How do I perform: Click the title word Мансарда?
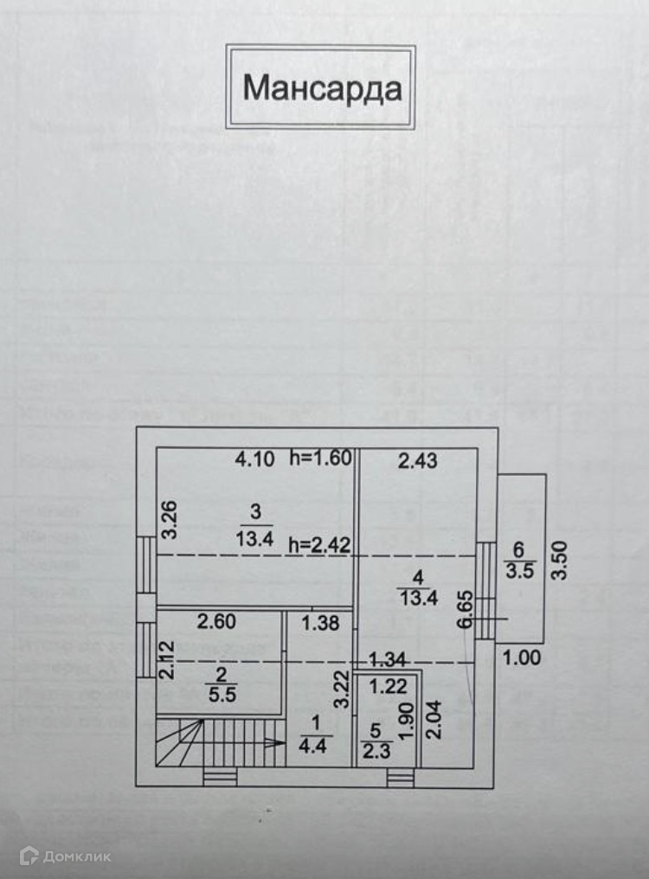click(321, 87)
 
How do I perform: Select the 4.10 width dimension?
click(255, 459)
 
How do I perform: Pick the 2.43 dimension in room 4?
click(417, 461)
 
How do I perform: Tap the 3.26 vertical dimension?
click(170, 521)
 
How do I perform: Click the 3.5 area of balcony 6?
click(518, 571)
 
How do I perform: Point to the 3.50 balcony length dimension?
click(562, 560)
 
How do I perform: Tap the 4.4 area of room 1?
click(312, 746)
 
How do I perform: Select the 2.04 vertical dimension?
click(434, 720)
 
